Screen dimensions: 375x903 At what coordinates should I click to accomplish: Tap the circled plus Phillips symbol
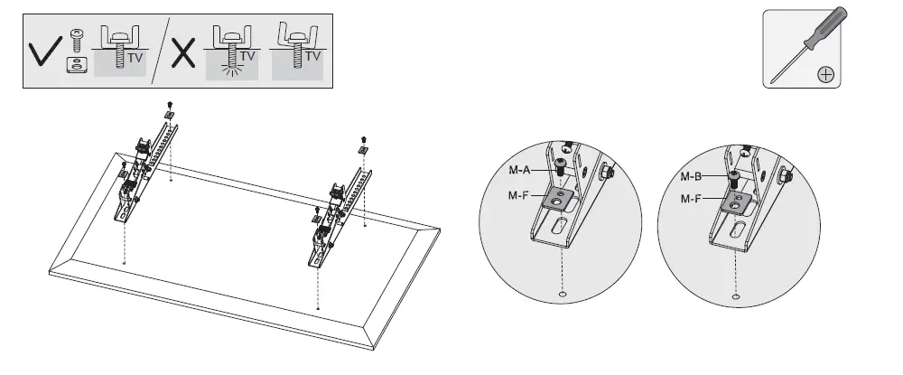pos(824,75)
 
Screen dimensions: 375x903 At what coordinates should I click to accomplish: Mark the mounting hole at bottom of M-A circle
pos(563,295)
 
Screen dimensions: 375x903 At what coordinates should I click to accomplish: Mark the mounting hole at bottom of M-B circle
pos(737,296)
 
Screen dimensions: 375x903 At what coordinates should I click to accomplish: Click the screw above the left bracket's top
pos(170,105)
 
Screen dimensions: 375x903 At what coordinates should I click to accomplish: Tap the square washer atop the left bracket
pos(169,116)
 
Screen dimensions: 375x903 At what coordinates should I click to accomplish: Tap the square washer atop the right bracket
pos(362,149)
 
